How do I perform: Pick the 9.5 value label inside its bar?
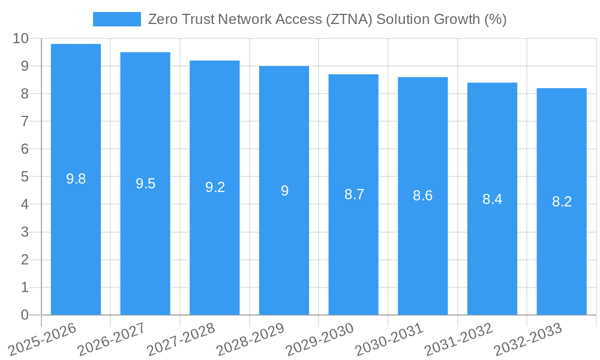coord(145,184)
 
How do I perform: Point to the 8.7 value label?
coord(354,194)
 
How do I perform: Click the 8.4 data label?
coord(492,199)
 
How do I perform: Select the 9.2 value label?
coord(215,187)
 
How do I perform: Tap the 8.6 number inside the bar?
coord(422,196)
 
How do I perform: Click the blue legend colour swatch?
coord(116,19)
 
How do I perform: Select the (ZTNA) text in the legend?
coord(349,19)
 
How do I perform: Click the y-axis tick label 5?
coord(25,177)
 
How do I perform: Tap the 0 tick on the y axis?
coord(25,315)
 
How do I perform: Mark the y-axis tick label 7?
coord(25,121)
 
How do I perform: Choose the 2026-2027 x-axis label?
coord(108,340)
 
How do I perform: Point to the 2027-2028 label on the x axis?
coord(178,340)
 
